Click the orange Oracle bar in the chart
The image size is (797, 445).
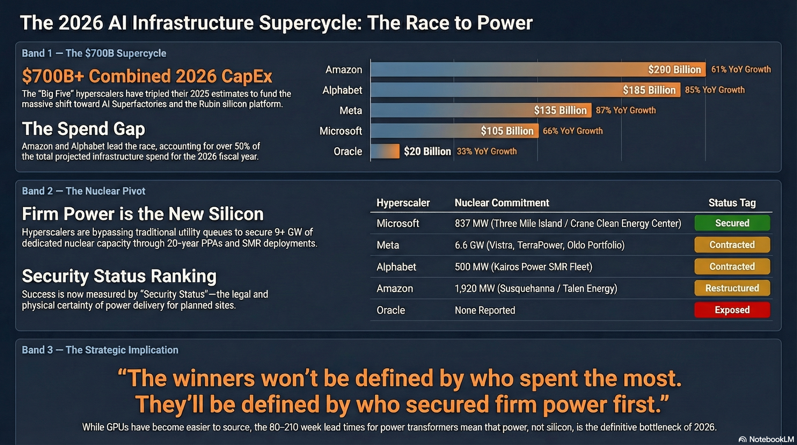tap(385, 151)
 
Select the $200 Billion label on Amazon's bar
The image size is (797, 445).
tap(674, 70)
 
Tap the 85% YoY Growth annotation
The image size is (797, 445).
tap(715, 90)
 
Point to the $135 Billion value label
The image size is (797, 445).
tap(560, 110)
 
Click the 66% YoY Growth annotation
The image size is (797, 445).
tap(573, 131)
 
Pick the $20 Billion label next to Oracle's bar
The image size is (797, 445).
tap(427, 151)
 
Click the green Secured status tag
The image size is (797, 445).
tap(732, 223)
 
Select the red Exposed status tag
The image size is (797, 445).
tap(732, 310)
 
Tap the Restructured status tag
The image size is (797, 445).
tap(732, 288)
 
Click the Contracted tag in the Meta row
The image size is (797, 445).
tap(732, 245)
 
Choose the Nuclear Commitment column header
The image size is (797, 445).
tap(502, 203)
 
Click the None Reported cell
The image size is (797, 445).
tap(485, 310)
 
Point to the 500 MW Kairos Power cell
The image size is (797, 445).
tap(524, 267)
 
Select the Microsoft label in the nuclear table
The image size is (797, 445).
tap(398, 223)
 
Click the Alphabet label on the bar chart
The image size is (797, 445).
tap(342, 90)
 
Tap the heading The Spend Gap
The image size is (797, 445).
tap(83, 129)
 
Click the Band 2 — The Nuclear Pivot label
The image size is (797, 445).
tap(83, 191)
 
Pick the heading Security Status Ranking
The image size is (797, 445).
tap(119, 276)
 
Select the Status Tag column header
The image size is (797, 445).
tap(732, 203)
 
